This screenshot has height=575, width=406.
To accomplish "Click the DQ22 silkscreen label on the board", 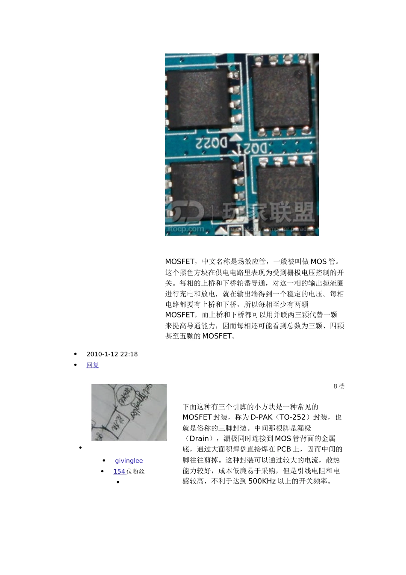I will click(x=212, y=143).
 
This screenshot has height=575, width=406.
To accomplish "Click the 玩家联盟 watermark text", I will click(x=269, y=213).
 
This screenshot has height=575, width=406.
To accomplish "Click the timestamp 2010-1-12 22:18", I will click(x=112, y=354).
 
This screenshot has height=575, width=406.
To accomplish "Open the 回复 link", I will click(x=92, y=365).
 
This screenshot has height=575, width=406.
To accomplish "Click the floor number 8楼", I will click(x=339, y=386).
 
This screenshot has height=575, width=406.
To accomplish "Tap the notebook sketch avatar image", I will click(x=129, y=412).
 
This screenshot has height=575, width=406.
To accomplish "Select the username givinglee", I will click(x=129, y=461).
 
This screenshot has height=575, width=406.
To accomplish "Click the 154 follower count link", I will click(x=119, y=471).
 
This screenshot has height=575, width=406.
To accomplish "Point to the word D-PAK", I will click(x=261, y=417).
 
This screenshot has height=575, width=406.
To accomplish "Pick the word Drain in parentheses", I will click(x=199, y=439).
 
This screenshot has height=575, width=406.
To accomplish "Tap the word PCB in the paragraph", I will click(x=284, y=449).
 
